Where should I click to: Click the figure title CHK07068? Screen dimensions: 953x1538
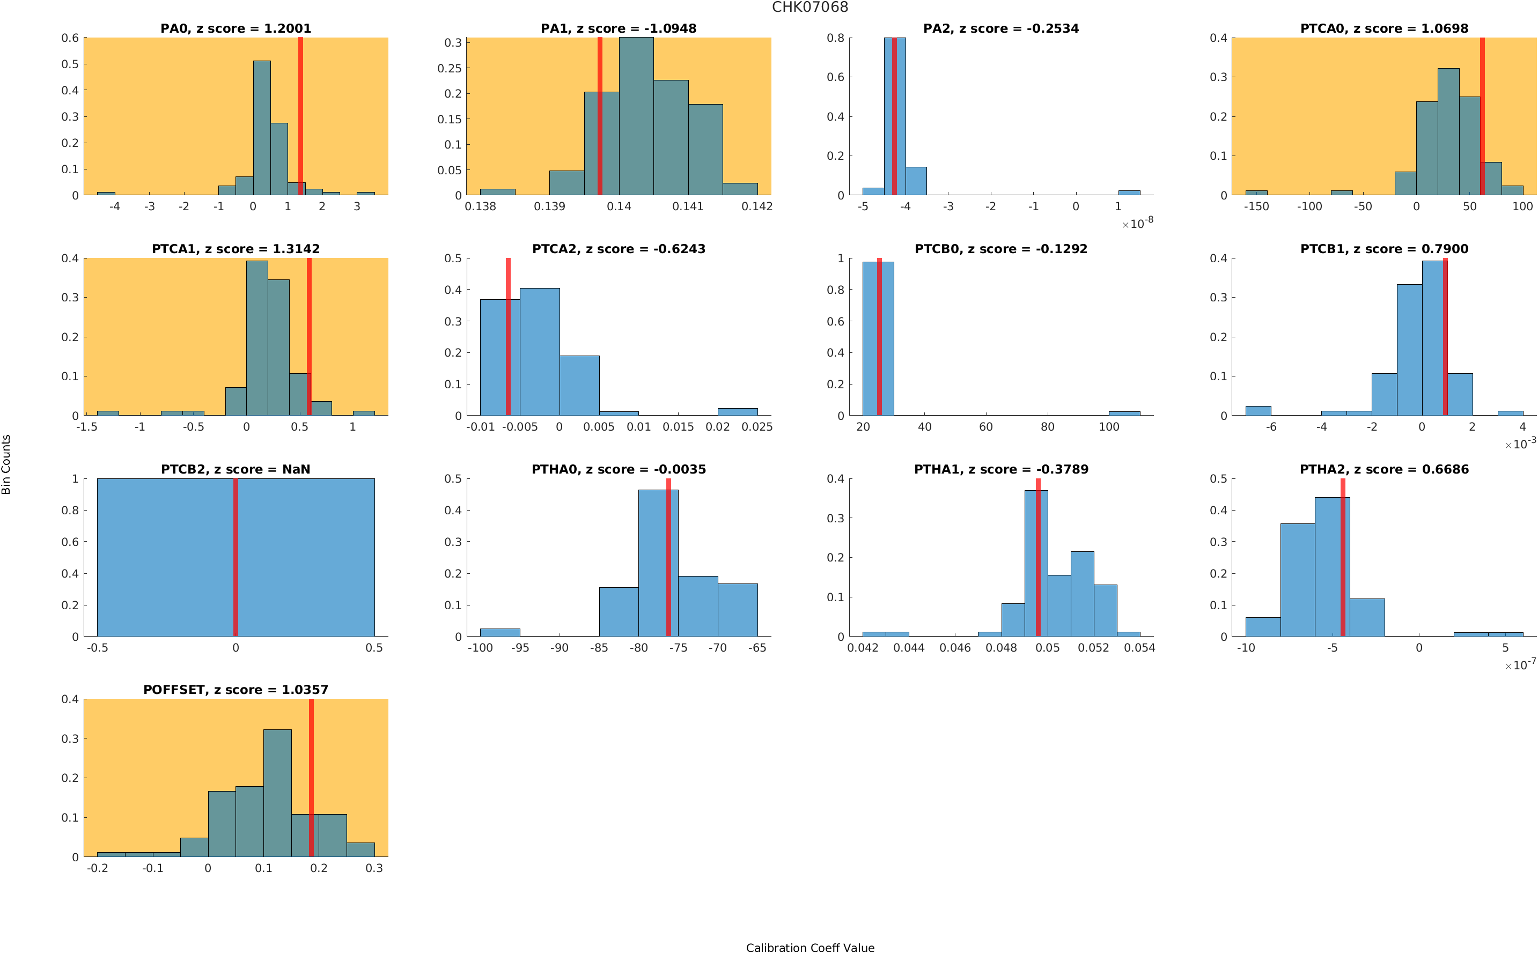[x=810, y=7]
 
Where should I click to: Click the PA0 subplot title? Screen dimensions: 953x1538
[x=235, y=28]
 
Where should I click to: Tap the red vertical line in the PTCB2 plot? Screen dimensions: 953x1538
[x=235, y=557]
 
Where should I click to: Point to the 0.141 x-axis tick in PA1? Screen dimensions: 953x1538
[x=687, y=206]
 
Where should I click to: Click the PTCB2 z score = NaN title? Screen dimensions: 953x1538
[x=235, y=470]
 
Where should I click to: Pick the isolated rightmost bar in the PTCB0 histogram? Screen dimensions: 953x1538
[x=1124, y=413]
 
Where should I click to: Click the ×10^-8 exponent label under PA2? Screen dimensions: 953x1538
[x=1138, y=223]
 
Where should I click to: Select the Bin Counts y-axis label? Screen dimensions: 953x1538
[x=6, y=464]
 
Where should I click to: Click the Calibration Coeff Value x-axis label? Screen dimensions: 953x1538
[x=810, y=947]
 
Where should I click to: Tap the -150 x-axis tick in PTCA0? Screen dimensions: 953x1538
[x=1256, y=206]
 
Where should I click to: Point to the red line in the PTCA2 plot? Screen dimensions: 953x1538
[x=508, y=337]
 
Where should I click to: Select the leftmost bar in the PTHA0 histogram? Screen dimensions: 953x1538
[x=500, y=632]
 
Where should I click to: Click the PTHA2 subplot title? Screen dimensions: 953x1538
[x=1384, y=470]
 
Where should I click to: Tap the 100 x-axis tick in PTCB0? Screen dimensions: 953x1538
[x=1109, y=427]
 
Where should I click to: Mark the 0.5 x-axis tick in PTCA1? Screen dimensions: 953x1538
[x=299, y=427]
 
